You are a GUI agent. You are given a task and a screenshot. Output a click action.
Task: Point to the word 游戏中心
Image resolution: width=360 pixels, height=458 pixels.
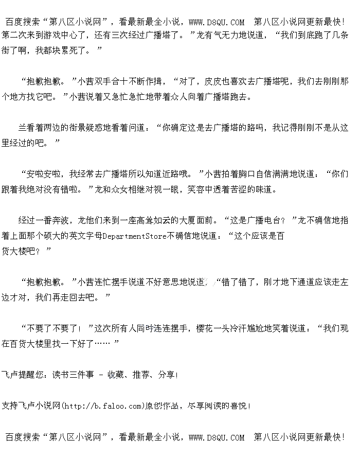click(69, 36)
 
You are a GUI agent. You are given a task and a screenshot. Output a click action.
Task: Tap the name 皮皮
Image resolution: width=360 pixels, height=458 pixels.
click(212, 81)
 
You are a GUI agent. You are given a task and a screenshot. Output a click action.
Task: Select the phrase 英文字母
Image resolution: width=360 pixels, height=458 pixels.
click(86, 236)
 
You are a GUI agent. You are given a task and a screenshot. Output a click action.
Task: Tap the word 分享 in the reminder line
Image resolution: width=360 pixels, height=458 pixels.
click(166, 375)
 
